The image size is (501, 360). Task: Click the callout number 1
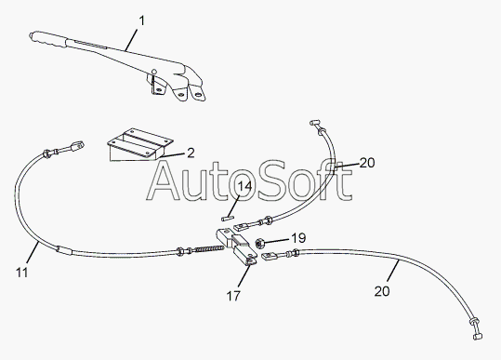[x=142, y=21]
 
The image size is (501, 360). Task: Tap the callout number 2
[x=191, y=153]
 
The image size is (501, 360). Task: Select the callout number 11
[x=22, y=273]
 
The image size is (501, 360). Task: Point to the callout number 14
[x=244, y=186]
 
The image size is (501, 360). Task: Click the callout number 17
[x=233, y=296]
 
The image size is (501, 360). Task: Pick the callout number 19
[x=298, y=238]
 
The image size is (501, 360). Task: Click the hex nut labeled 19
[x=259, y=244]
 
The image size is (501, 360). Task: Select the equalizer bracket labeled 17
[x=237, y=247]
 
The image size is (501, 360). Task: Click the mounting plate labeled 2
[x=140, y=144]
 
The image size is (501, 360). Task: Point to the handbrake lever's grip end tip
[x=31, y=35]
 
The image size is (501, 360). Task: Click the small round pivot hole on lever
[x=153, y=72]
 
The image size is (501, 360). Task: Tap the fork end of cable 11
[x=77, y=145]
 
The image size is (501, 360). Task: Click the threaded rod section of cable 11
[x=208, y=249]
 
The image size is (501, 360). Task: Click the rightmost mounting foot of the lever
[x=198, y=93]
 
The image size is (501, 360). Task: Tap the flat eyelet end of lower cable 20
[x=270, y=256]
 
